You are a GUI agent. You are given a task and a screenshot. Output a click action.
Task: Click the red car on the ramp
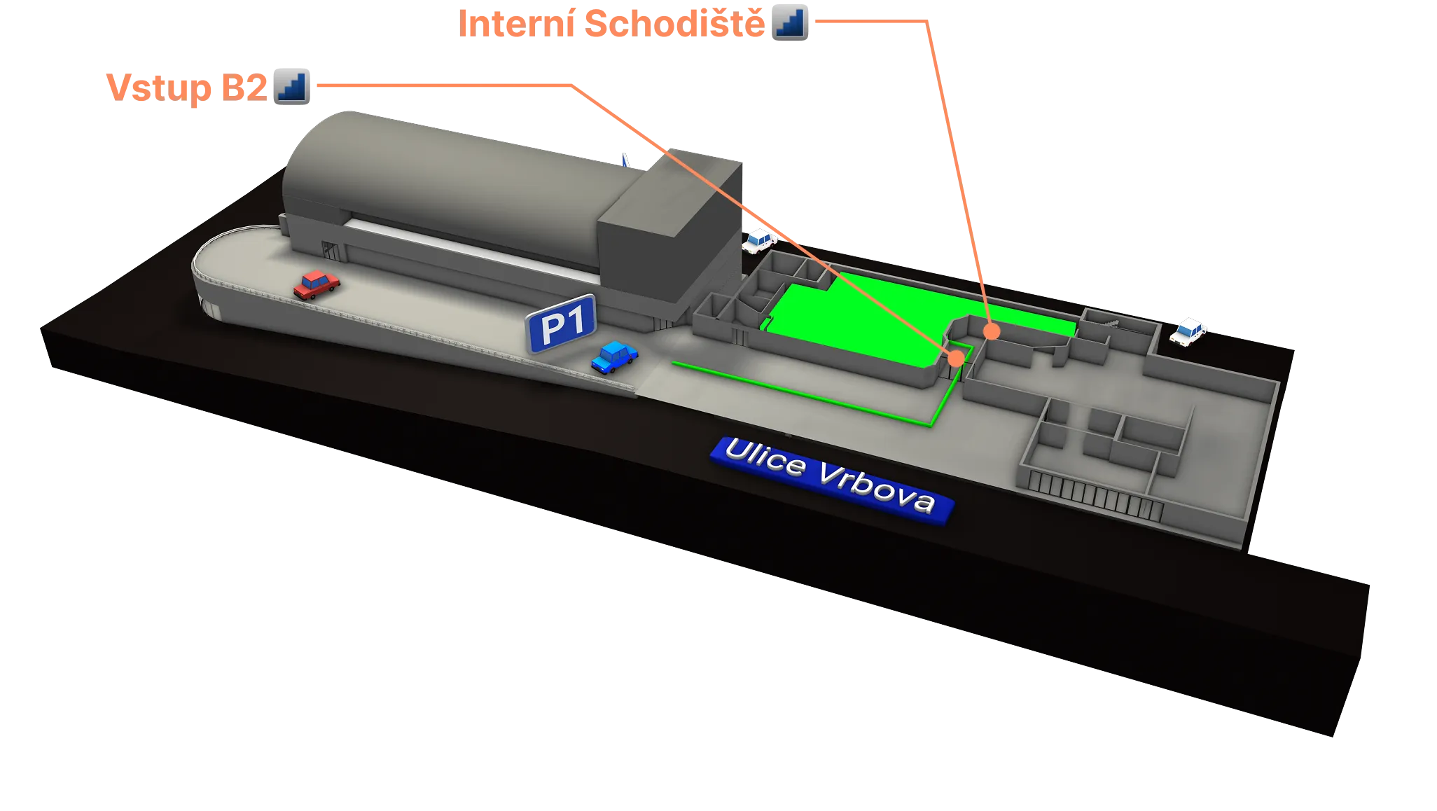317,284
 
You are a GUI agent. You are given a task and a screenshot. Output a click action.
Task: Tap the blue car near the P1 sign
614,356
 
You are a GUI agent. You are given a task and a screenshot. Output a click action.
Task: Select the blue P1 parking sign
561,324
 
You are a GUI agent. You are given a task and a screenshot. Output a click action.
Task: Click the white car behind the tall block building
759,241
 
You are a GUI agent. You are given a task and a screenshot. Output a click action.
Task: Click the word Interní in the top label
518,25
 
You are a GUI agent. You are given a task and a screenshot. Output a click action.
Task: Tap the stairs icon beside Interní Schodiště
791,24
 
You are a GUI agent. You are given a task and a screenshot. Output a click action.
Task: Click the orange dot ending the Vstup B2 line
956,358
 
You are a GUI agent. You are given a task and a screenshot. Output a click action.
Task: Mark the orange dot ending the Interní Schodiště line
991,331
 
